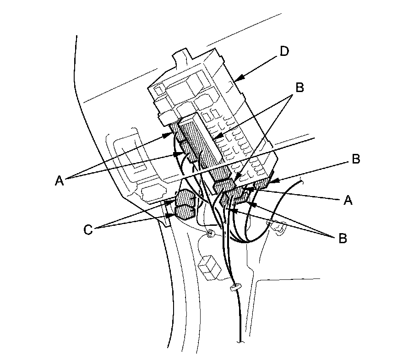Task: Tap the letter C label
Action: pyautogui.click(x=88, y=229)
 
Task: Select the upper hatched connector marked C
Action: pyautogui.click(x=185, y=197)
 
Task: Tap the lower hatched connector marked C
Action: pyautogui.click(x=185, y=212)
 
